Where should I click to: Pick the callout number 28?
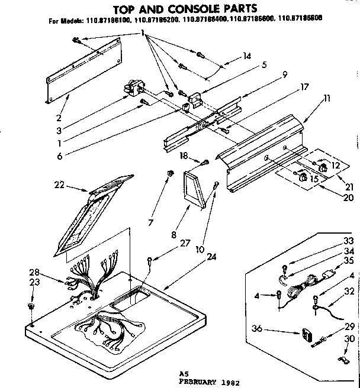[34, 273]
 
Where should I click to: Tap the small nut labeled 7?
[170, 173]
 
